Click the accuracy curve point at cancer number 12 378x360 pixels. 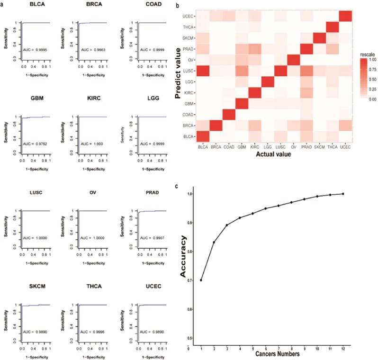pos(343,193)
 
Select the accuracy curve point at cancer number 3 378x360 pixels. pos(227,225)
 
